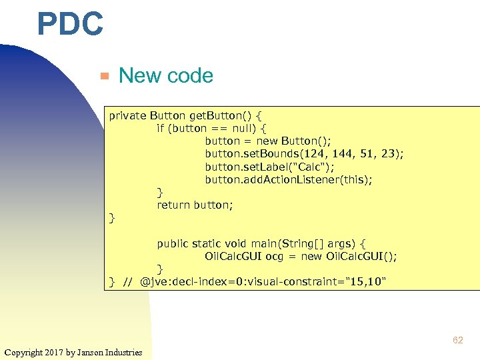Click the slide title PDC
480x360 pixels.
[71, 25]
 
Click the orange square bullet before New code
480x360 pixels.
[103, 76]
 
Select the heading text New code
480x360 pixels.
[165, 76]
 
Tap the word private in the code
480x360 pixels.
[127, 115]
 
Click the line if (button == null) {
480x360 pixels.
[211, 128]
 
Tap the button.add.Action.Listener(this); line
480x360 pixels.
[298, 179]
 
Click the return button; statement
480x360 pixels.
[195, 205]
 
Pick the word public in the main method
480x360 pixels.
[173, 244]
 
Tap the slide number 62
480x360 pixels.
[457, 340]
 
